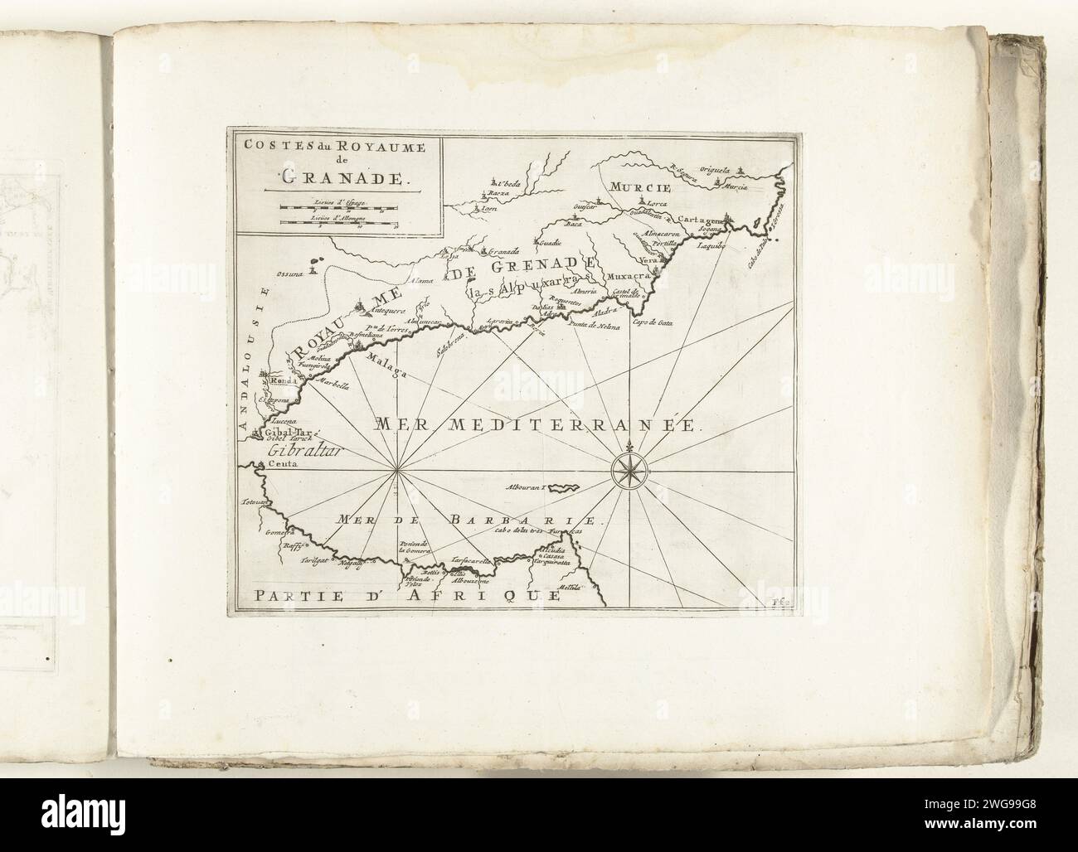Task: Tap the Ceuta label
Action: [x=282, y=466]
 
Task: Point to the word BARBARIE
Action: [x=521, y=520]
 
